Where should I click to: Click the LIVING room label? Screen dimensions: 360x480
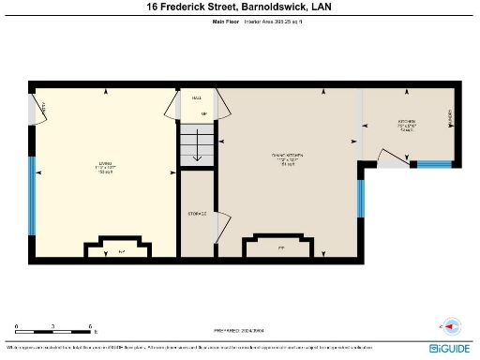[103, 166]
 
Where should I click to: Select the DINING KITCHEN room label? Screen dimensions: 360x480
[287, 157]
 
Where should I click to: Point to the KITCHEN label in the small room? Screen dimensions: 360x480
[406, 125]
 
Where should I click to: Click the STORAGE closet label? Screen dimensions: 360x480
[196, 214]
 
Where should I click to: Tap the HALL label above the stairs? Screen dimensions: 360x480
[197, 97]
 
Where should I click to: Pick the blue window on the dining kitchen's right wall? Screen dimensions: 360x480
[360, 199]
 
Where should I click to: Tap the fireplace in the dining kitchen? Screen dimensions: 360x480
[280, 245]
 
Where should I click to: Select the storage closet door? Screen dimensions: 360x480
[221, 224]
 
